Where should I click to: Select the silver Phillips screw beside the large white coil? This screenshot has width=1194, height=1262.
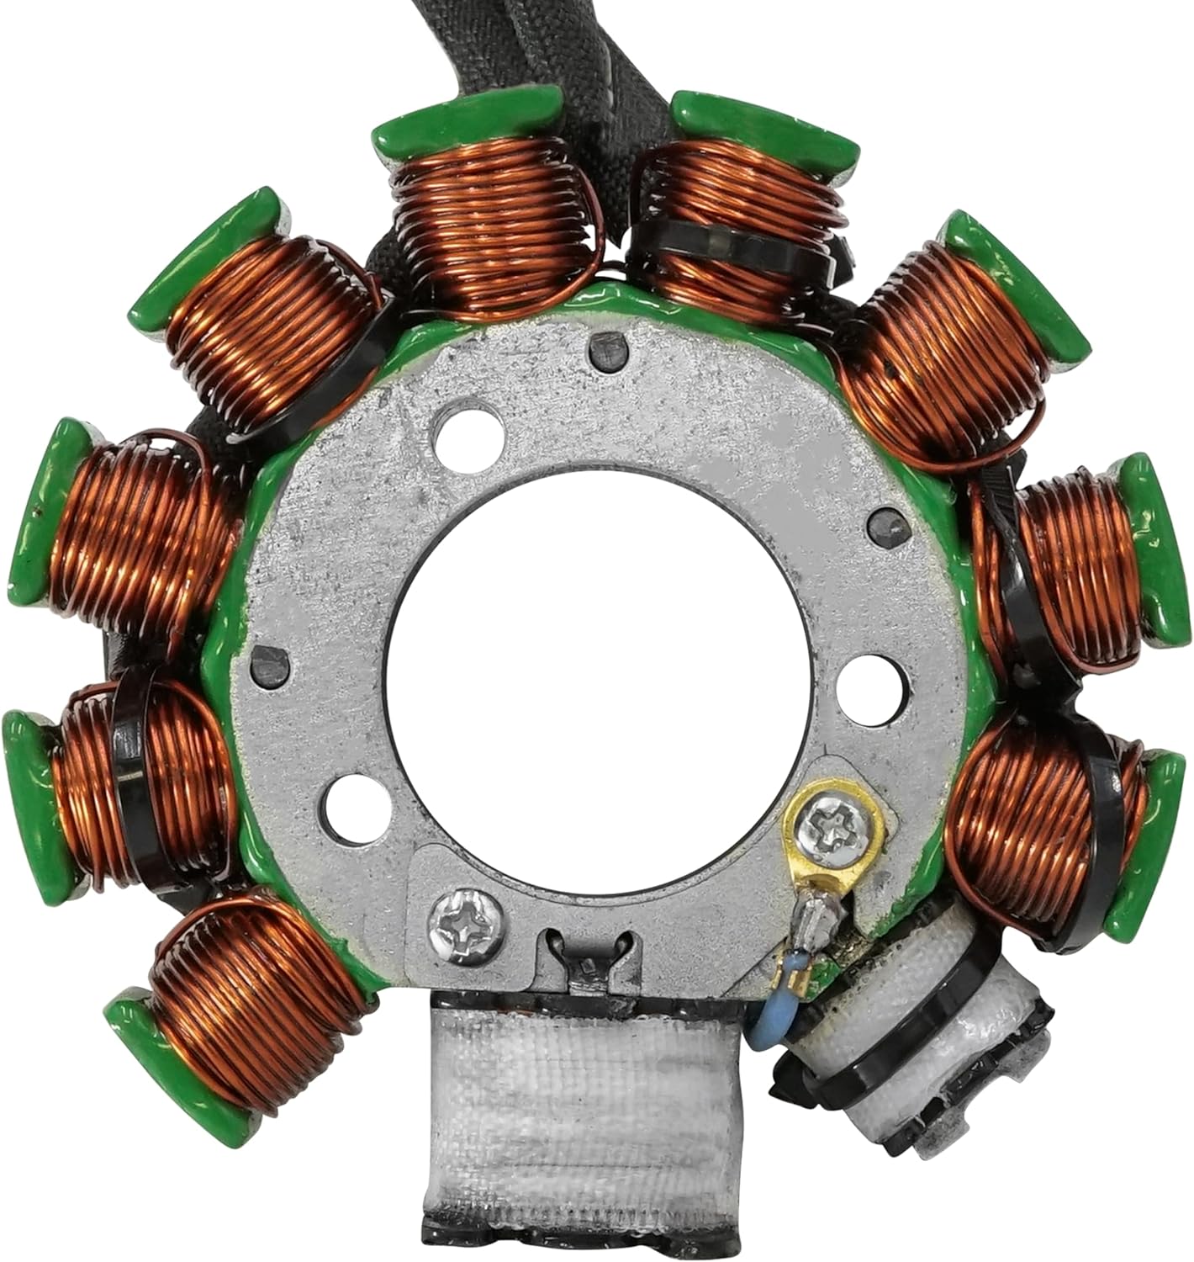[466, 925]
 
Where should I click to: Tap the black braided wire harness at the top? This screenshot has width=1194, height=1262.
[589, 50]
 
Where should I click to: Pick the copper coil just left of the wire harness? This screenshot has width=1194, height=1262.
[496, 227]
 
